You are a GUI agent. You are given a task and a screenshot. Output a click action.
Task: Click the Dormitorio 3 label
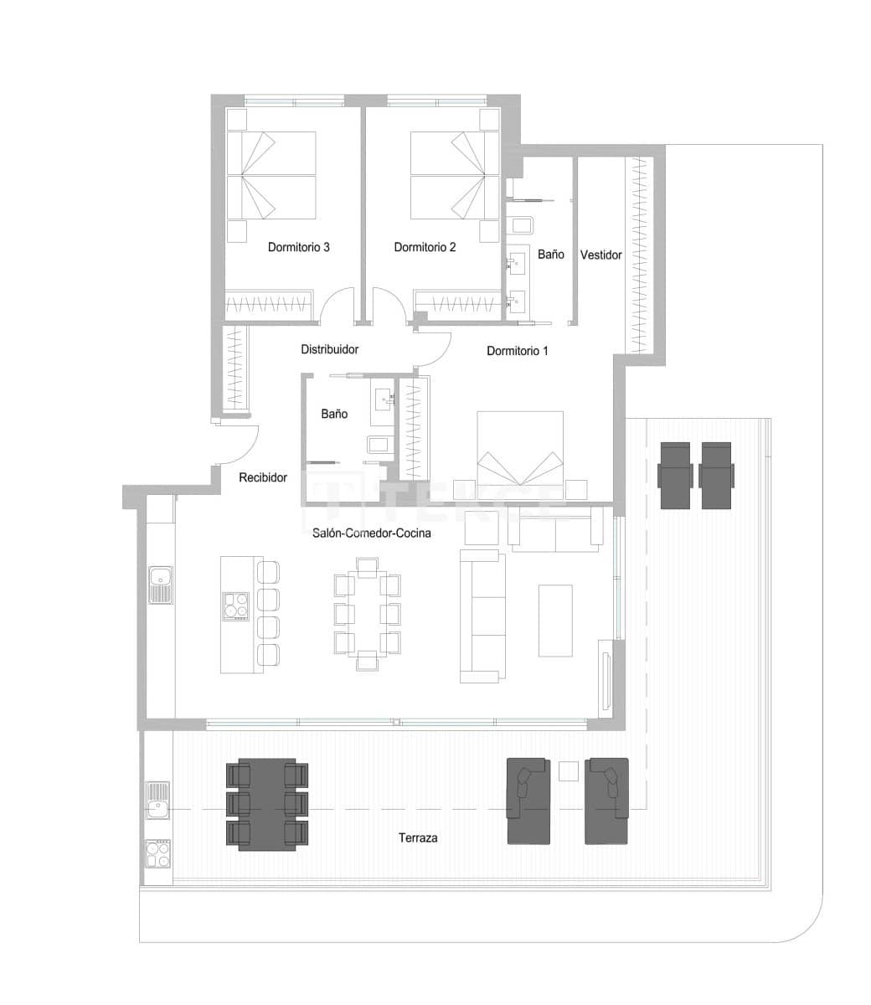point(298,247)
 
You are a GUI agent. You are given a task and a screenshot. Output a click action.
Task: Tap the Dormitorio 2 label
point(425,247)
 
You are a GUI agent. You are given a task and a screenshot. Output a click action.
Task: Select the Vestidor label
point(600,255)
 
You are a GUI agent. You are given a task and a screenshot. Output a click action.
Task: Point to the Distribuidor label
point(330,349)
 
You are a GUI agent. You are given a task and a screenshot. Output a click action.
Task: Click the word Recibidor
point(263,477)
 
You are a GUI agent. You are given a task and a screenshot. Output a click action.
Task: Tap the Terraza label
point(418,837)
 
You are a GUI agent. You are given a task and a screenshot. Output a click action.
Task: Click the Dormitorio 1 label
point(517,351)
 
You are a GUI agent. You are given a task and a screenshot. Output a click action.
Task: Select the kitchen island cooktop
point(235,606)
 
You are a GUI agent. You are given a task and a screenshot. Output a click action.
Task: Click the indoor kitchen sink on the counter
point(160,585)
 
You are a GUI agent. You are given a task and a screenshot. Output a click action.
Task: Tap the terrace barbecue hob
point(157,853)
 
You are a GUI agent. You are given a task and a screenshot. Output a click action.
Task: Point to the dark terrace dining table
point(267,803)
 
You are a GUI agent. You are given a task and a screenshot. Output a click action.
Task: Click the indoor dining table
point(367,614)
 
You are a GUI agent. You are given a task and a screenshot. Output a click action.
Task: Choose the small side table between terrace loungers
point(569,770)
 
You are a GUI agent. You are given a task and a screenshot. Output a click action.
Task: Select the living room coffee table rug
point(555,620)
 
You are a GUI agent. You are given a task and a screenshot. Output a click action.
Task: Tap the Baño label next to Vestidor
point(550,255)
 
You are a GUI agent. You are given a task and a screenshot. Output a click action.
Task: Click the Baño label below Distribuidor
point(334,414)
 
